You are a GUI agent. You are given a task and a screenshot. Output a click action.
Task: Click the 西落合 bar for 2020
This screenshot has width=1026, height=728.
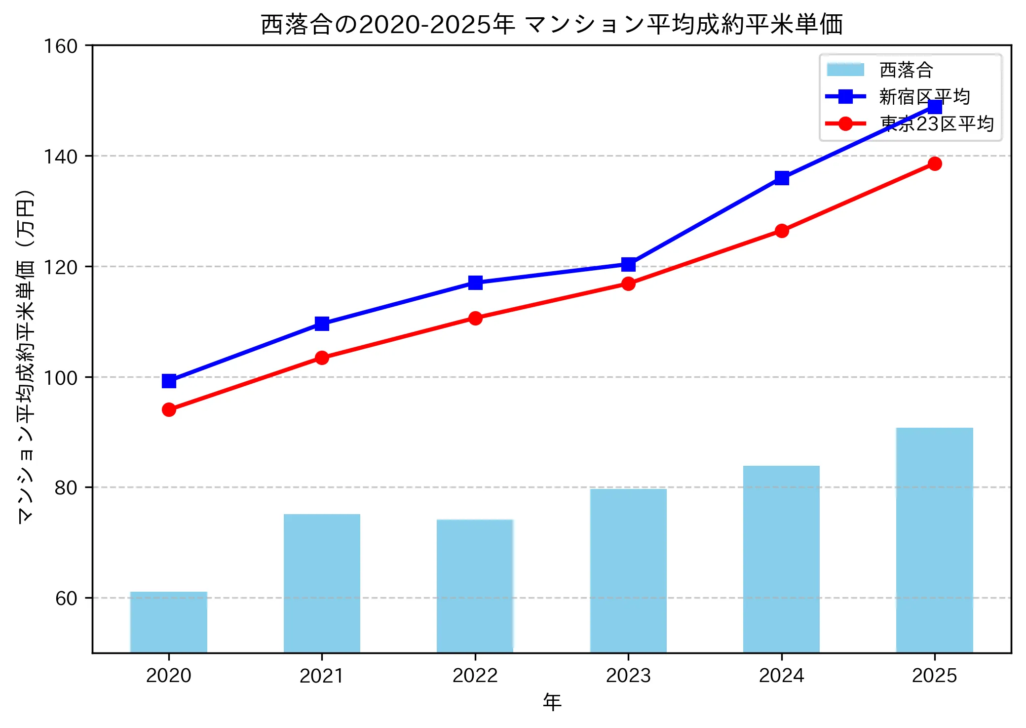pyautogui.click(x=169, y=622)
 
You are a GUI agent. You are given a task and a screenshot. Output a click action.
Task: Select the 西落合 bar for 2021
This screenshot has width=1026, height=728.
pyautogui.click(x=322, y=583)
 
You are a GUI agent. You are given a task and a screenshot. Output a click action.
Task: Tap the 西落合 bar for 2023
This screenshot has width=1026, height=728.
pyautogui.click(x=628, y=570)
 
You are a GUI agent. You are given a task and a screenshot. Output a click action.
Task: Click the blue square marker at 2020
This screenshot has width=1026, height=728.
pyautogui.click(x=169, y=381)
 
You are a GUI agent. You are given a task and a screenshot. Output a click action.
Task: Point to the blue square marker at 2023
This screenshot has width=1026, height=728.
pyautogui.click(x=628, y=264)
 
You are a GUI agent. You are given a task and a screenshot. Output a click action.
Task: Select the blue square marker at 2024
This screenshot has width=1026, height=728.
pyautogui.click(x=781, y=178)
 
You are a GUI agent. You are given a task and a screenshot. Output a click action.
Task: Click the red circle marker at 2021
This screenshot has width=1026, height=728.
pyautogui.click(x=322, y=358)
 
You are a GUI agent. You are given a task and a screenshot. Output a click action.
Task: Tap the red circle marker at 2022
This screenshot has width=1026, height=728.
pyautogui.click(x=475, y=318)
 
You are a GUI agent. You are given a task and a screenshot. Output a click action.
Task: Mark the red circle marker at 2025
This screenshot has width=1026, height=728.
pyautogui.click(x=934, y=163)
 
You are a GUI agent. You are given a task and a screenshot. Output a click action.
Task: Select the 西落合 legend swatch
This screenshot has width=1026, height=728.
pyautogui.click(x=845, y=70)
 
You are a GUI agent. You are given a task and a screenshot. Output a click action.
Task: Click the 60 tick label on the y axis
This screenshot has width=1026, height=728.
pyautogui.click(x=66, y=598)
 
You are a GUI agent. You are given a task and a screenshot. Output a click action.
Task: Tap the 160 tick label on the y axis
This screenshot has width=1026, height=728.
pyautogui.click(x=61, y=46)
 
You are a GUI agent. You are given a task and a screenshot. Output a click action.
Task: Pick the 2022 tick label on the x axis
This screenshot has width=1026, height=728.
pyautogui.click(x=475, y=675)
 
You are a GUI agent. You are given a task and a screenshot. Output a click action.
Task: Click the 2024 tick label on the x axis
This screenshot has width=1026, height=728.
pyautogui.click(x=781, y=675)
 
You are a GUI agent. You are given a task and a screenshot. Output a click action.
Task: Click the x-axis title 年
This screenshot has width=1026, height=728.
pyautogui.click(x=552, y=702)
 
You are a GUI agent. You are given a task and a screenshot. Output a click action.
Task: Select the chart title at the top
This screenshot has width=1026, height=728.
pyautogui.click(x=552, y=25)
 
